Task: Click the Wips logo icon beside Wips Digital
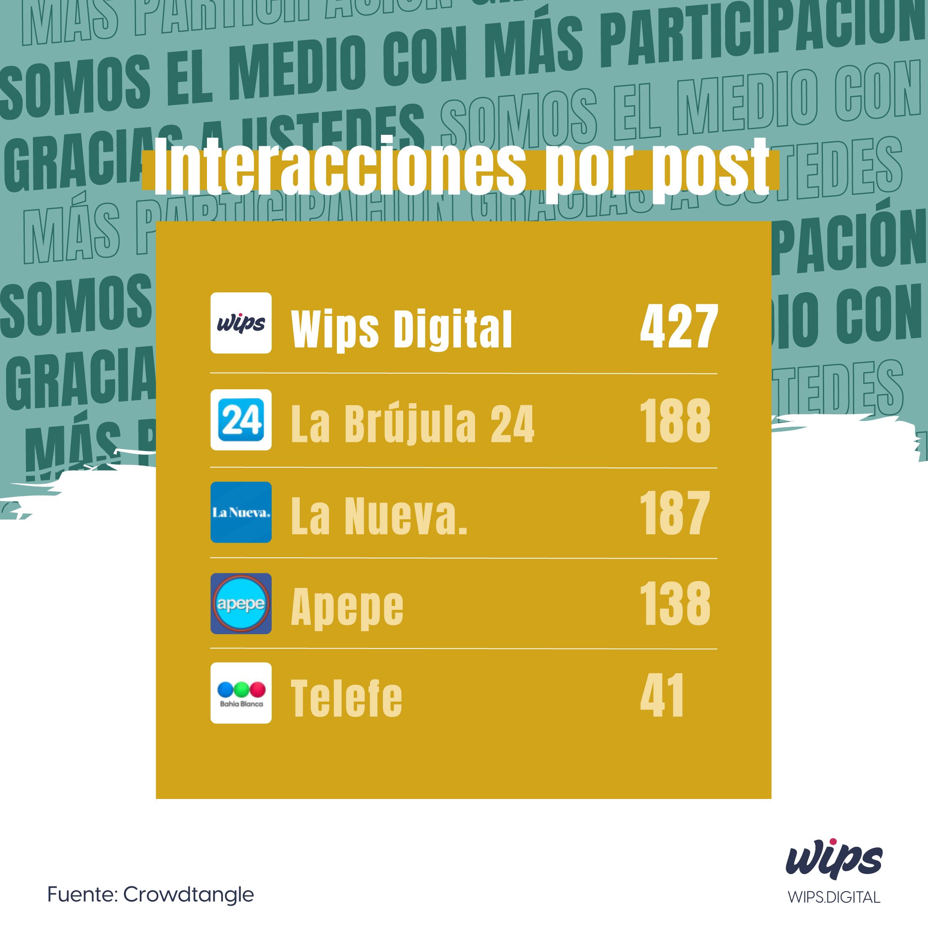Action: (x=241, y=323)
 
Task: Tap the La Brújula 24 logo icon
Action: (x=241, y=419)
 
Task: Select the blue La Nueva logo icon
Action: (x=241, y=512)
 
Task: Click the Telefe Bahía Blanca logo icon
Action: (x=241, y=693)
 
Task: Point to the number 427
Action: (x=678, y=327)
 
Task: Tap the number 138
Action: (x=674, y=603)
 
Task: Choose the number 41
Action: (x=662, y=695)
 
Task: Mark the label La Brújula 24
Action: (x=412, y=424)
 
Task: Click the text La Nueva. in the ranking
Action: (x=379, y=516)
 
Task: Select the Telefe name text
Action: (x=346, y=698)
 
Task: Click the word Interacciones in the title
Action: (x=339, y=167)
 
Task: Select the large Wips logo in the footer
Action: (x=834, y=863)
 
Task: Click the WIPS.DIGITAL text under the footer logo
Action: (x=834, y=897)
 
